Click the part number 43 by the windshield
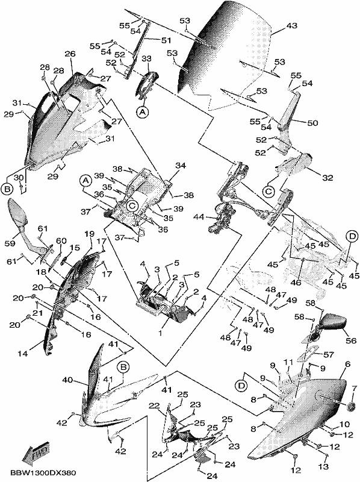point(291,25)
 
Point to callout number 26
point(70,54)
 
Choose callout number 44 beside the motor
point(199,218)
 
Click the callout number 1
point(160,333)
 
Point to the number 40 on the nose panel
point(68,380)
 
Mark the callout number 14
point(22,354)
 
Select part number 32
point(327,178)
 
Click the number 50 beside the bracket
point(312,123)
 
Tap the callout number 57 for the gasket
point(328,355)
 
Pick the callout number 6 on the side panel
point(347,365)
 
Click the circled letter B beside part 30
point(7,189)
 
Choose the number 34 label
point(181,166)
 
